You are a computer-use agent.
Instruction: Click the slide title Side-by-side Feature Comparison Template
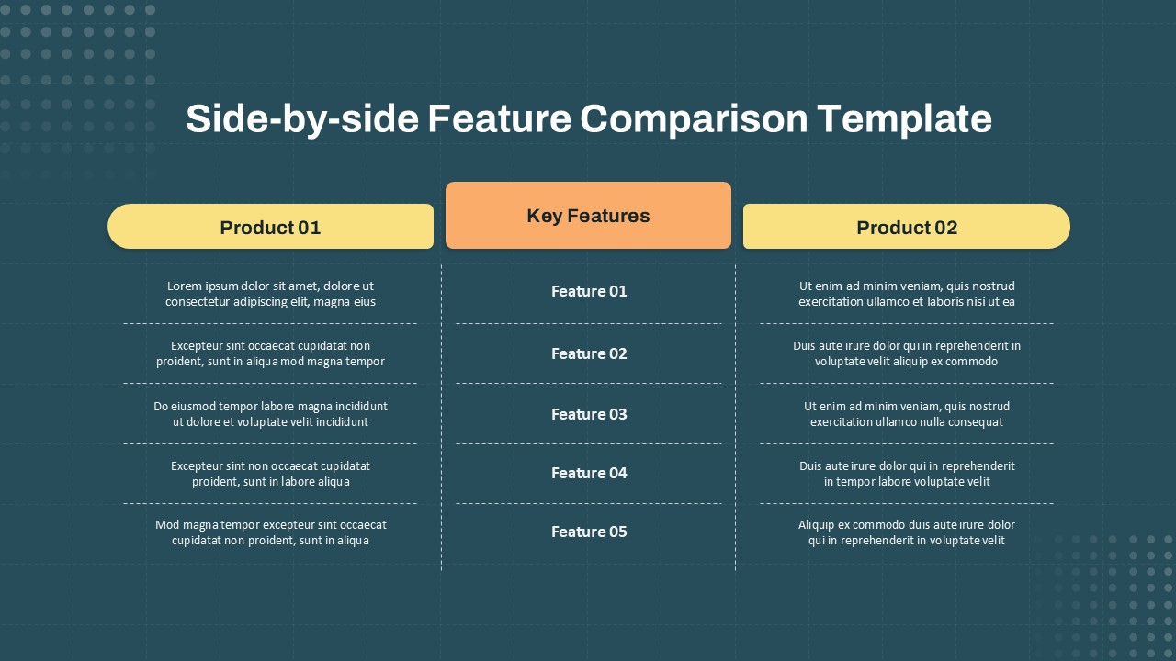point(588,119)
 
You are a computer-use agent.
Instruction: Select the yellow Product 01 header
point(270,227)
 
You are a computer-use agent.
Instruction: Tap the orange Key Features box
point(588,216)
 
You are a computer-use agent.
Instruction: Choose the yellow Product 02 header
point(906,227)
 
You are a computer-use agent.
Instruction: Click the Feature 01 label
point(589,291)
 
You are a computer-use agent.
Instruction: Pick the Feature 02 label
point(589,353)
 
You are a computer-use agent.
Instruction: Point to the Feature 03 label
point(589,414)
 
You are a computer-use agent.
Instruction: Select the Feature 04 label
point(589,473)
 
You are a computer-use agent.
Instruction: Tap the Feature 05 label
point(589,532)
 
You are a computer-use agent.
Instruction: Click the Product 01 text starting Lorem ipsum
point(270,294)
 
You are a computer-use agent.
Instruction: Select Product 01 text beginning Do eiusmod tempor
point(270,414)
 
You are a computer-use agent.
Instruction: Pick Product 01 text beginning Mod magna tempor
point(270,532)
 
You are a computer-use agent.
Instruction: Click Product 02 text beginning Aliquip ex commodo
point(906,532)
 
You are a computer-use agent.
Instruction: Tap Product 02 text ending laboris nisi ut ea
point(906,294)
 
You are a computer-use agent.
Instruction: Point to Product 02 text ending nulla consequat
point(906,414)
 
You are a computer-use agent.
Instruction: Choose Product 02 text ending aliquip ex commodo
point(906,353)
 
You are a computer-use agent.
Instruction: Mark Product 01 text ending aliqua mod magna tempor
point(270,353)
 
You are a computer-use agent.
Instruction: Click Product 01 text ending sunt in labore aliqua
point(270,474)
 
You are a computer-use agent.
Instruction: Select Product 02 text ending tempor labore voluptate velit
point(906,474)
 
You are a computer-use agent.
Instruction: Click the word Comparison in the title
point(693,119)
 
